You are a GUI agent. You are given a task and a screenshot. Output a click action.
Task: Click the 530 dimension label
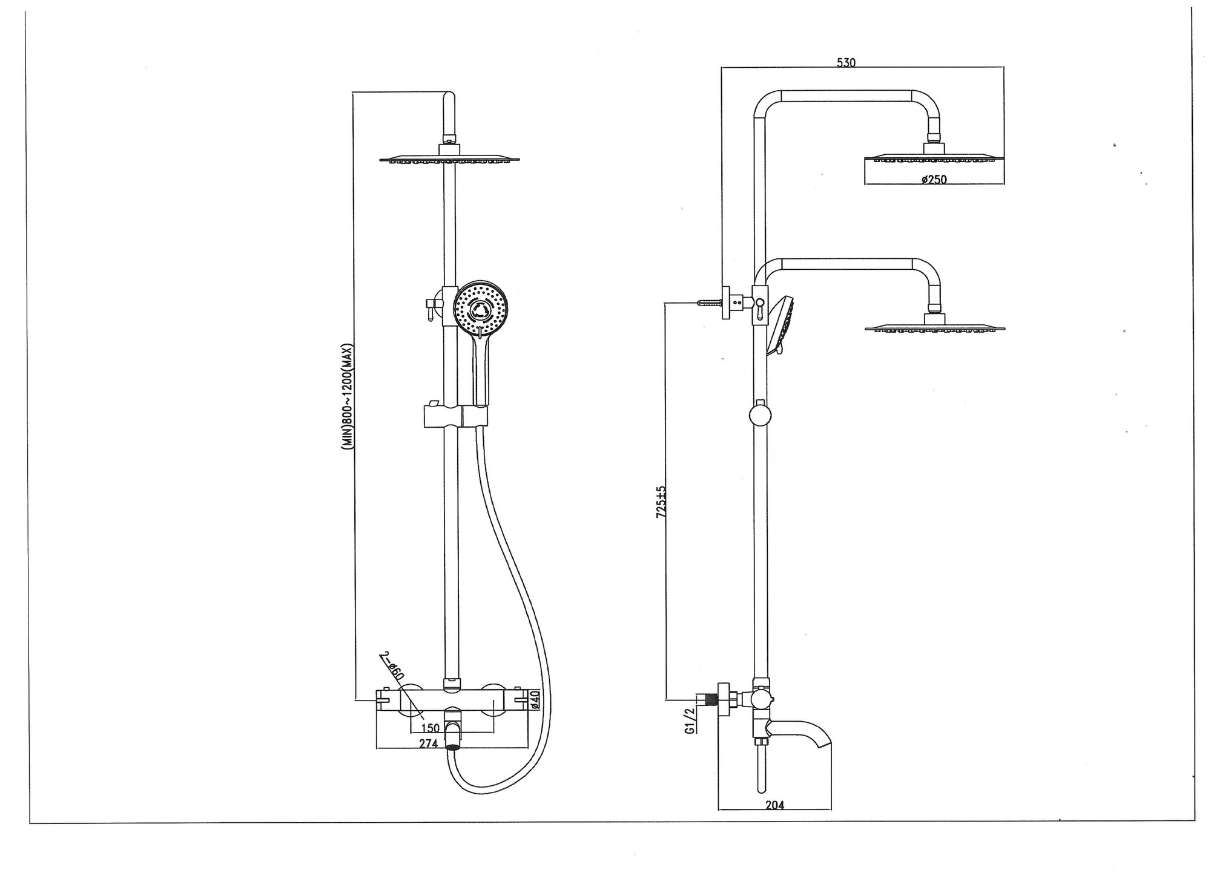pos(846,62)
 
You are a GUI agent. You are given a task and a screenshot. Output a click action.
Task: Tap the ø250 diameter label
pos(934,179)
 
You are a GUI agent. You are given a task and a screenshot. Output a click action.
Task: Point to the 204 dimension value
pos(774,805)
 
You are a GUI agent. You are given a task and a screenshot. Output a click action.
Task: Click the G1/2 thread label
pos(689,721)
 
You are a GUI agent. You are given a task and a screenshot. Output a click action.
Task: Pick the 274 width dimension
pos(428,743)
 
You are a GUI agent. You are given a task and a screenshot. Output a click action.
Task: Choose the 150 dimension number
pos(430,728)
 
